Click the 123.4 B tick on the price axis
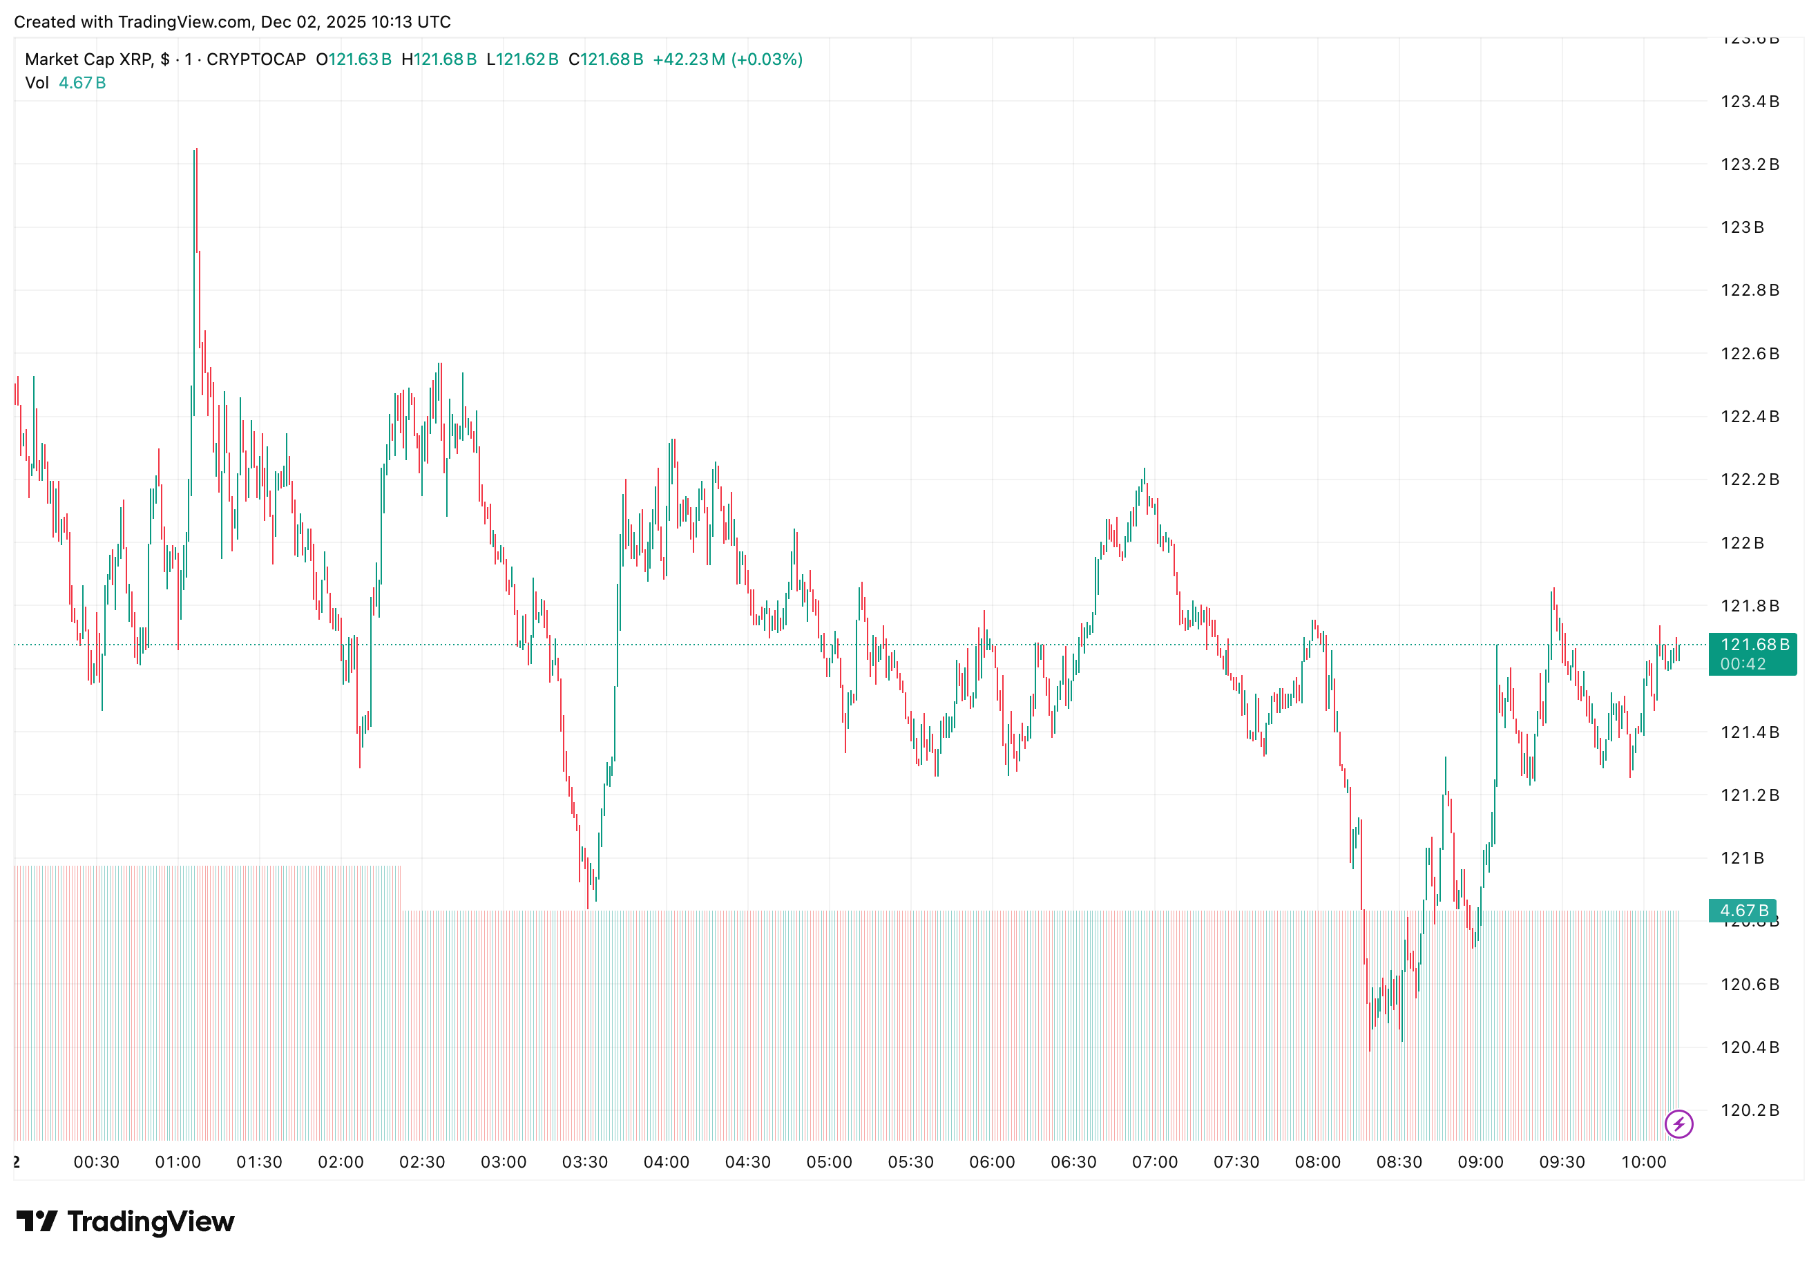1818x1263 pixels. [1748, 102]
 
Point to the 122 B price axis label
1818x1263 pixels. [1741, 543]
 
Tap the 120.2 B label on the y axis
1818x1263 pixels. [1748, 1110]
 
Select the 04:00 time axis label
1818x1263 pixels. [665, 1161]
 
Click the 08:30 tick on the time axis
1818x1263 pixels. [1398, 1161]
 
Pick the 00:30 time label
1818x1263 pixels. [97, 1161]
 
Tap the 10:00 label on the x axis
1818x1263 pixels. [1643, 1161]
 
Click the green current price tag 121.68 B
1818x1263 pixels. [1752, 654]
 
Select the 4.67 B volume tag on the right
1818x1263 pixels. [1742, 910]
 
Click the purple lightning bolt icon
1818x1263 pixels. [1678, 1123]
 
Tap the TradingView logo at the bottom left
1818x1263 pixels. [125, 1221]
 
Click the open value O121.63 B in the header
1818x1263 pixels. [354, 59]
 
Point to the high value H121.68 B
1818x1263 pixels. [439, 59]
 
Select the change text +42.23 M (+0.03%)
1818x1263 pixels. [727, 59]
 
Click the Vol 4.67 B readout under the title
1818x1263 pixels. [66, 83]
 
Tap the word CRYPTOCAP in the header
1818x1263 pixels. [256, 59]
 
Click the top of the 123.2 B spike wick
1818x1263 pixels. [195, 149]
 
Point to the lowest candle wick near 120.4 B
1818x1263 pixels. [1370, 1050]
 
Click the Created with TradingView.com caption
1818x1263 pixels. [233, 22]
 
